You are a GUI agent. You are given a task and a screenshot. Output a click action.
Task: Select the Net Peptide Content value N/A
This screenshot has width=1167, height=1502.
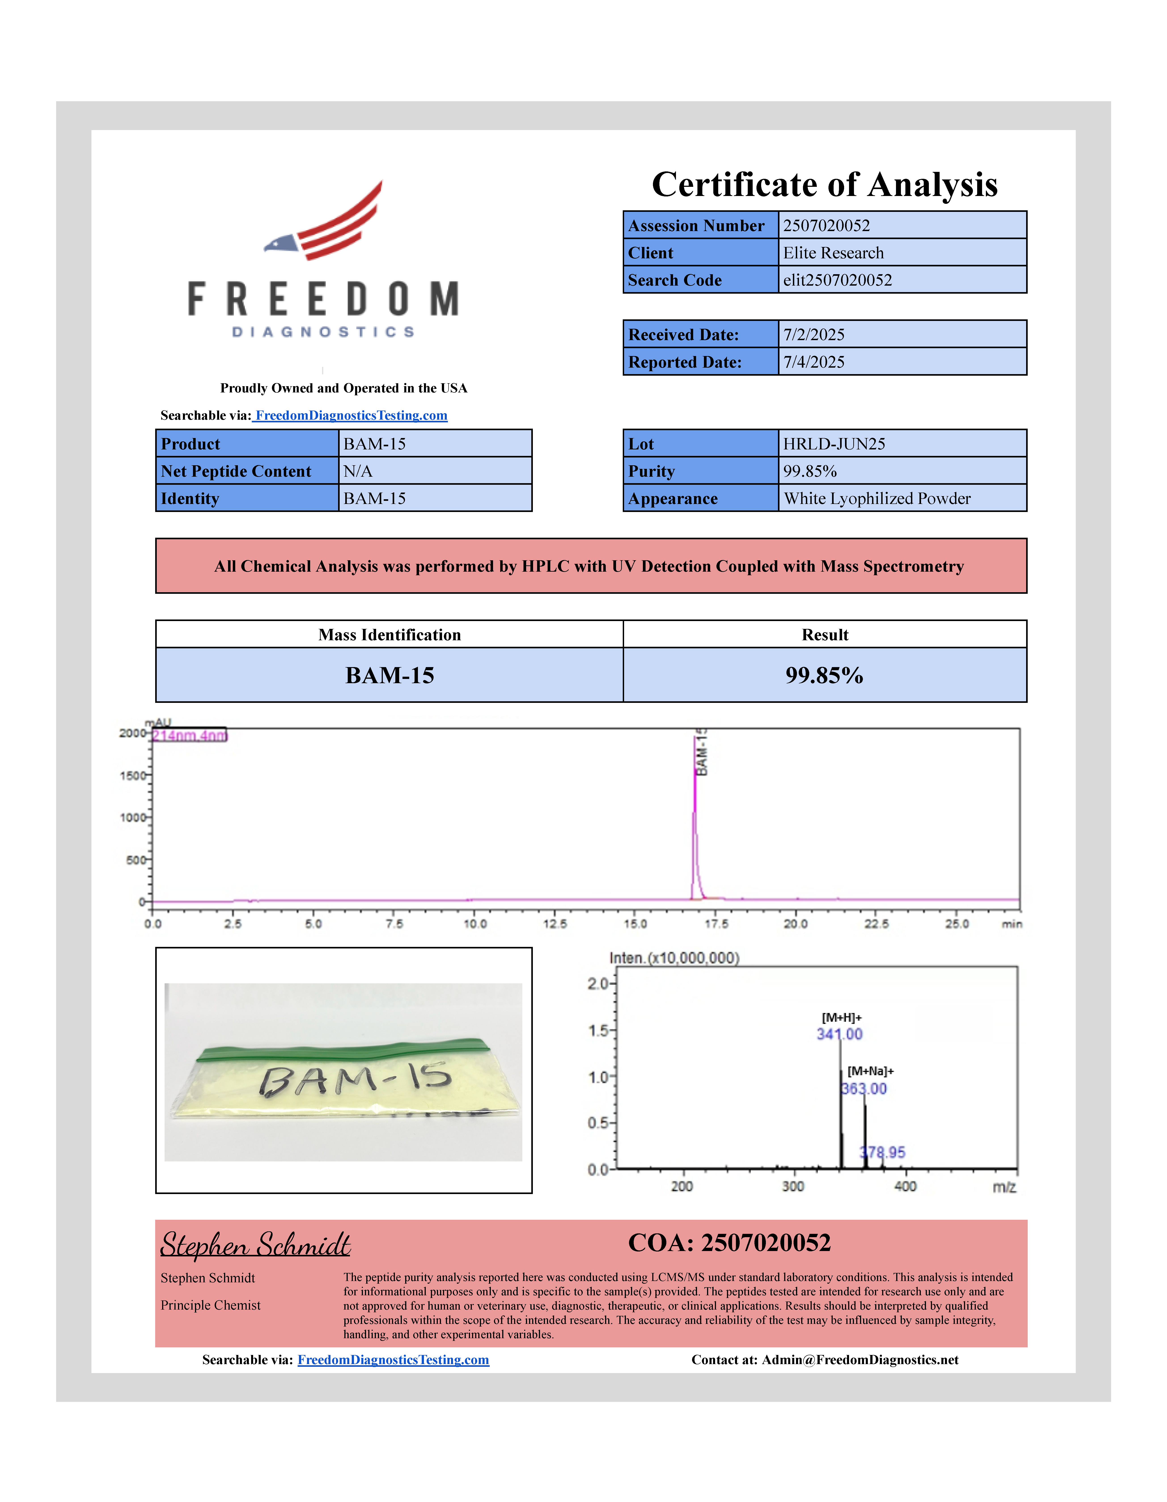click(358, 471)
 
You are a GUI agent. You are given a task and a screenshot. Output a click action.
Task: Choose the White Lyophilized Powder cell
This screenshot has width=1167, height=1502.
click(877, 499)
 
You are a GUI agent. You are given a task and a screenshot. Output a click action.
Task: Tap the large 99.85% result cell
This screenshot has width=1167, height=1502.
click(824, 675)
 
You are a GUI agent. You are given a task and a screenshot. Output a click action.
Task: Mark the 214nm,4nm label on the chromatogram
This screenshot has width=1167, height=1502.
click(189, 736)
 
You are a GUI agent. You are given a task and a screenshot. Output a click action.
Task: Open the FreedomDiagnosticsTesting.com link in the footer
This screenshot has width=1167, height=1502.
click(393, 1360)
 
